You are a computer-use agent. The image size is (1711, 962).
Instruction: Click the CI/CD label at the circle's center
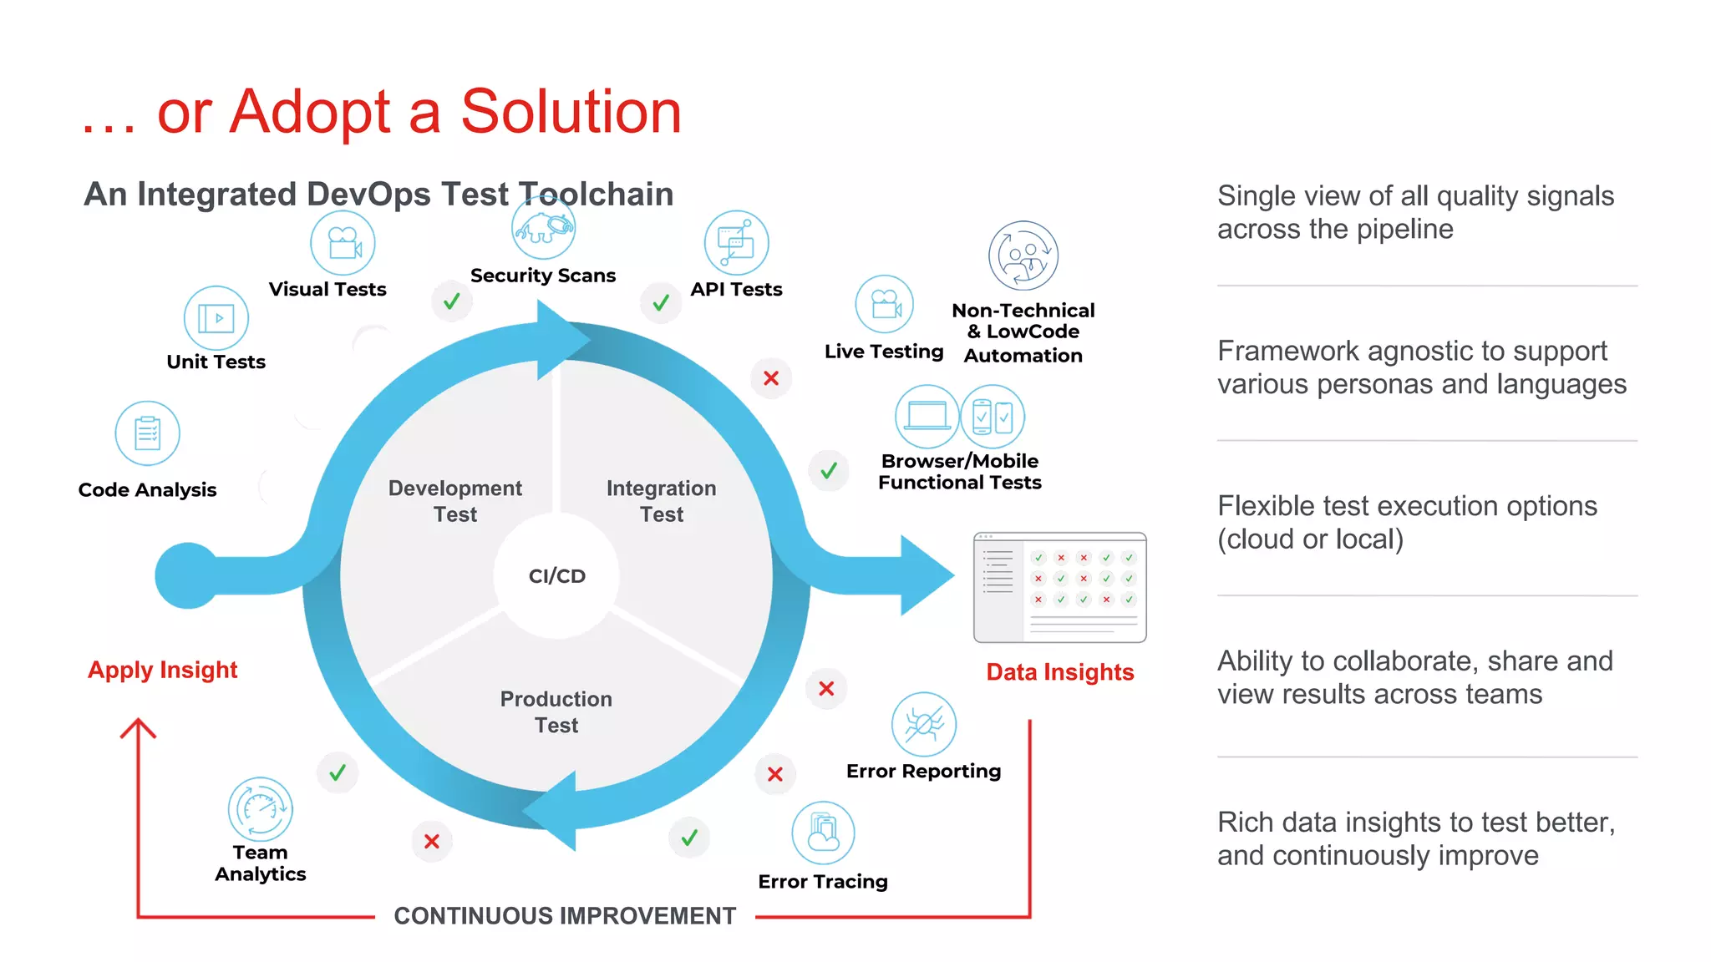557,576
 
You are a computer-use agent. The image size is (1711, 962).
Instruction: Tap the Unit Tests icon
216,318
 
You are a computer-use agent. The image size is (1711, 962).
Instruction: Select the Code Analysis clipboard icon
147,433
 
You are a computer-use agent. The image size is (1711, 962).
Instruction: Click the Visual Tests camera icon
343,243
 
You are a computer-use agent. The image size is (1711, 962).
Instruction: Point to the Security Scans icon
543,228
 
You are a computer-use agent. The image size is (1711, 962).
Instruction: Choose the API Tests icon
736,243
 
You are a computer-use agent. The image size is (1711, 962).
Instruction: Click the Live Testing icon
884,304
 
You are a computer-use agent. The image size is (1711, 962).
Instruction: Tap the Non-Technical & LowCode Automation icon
1023,256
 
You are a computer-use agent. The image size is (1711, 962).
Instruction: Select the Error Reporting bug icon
923,724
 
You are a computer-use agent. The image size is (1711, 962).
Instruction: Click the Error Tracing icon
823,833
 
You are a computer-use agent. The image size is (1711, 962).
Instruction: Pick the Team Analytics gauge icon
261,809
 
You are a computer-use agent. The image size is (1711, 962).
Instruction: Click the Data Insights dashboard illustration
1059,587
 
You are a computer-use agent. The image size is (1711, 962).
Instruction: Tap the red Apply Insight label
163,670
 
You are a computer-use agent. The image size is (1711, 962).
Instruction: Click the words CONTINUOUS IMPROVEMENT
565,916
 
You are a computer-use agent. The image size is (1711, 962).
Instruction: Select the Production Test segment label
556,711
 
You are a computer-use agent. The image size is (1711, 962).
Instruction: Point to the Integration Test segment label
662,501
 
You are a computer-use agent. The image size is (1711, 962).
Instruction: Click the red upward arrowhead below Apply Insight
138,728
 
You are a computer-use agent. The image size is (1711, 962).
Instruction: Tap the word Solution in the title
571,111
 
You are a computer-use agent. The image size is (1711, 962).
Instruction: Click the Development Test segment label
455,501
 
